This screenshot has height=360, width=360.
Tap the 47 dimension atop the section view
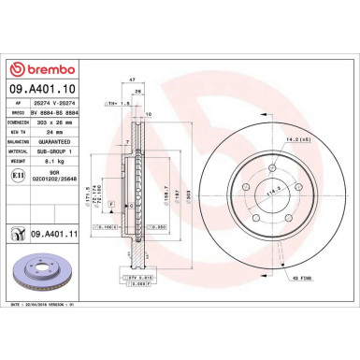point(133,81)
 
